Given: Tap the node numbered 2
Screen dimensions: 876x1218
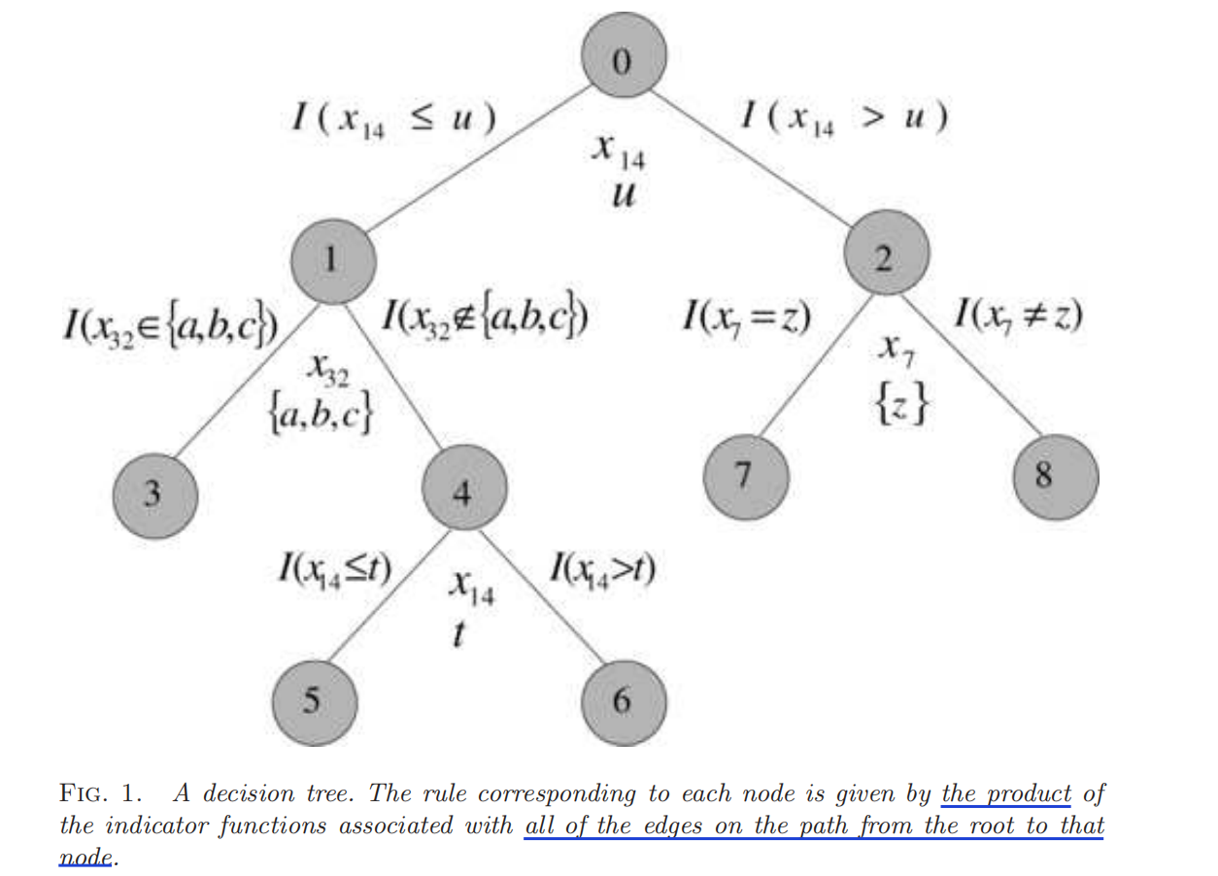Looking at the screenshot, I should click(887, 257).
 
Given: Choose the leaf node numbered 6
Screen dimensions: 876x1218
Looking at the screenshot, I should click(624, 699).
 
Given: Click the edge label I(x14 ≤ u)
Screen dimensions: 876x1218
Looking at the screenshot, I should click(394, 119).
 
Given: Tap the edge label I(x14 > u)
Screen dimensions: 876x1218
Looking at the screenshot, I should click(844, 118).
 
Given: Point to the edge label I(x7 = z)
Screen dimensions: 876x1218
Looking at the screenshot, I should click(748, 318).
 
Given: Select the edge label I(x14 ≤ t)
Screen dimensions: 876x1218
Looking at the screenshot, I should click(333, 567).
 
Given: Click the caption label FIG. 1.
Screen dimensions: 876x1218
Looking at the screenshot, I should click(103, 793).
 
